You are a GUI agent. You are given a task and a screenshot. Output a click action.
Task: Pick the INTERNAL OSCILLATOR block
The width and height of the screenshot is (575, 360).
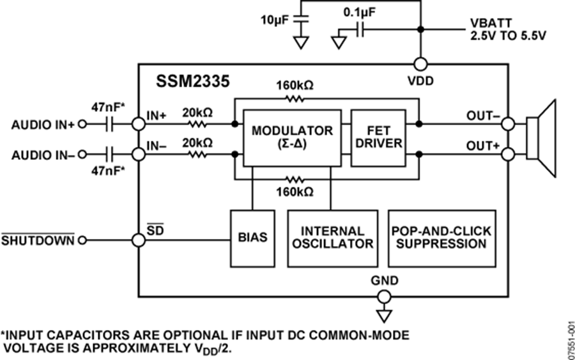click(x=332, y=237)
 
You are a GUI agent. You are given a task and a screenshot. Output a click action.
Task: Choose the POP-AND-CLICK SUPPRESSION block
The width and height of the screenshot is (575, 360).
click(x=441, y=237)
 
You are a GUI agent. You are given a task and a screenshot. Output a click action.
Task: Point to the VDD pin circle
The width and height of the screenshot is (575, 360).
click(x=421, y=64)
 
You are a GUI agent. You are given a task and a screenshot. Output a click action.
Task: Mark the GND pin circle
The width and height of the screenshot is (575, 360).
click(x=384, y=297)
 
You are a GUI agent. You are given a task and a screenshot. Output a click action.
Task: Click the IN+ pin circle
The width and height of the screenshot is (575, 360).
click(x=138, y=124)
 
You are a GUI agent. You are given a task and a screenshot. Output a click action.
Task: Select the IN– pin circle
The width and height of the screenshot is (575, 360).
click(x=138, y=154)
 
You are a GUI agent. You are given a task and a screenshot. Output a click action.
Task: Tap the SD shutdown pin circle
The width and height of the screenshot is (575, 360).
click(x=138, y=241)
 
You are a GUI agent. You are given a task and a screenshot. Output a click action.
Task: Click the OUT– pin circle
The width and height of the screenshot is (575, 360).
click(x=509, y=124)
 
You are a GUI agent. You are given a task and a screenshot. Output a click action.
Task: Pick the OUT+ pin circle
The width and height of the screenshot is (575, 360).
click(x=509, y=154)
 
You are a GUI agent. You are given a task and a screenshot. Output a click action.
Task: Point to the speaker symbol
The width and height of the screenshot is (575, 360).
click(x=542, y=139)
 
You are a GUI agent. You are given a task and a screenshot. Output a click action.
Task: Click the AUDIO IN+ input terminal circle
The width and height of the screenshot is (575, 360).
click(x=82, y=125)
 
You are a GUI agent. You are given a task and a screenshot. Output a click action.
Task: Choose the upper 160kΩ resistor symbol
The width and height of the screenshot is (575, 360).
click(x=295, y=99)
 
